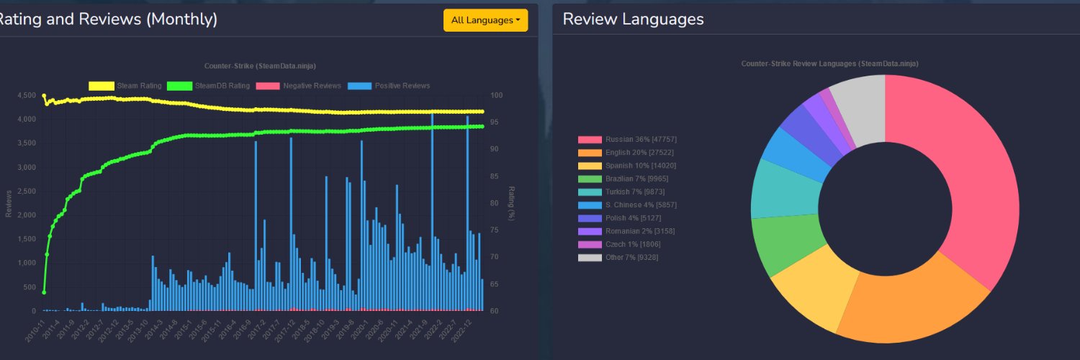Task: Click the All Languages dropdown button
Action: pos(485,20)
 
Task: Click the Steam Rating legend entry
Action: pos(125,86)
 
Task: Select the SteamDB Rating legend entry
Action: pos(208,86)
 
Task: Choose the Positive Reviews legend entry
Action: pos(389,86)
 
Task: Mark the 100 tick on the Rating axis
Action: pos(498,95)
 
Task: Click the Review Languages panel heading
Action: pos(633,19)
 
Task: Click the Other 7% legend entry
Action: pos(618,257)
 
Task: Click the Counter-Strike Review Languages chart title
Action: pos(829,63)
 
